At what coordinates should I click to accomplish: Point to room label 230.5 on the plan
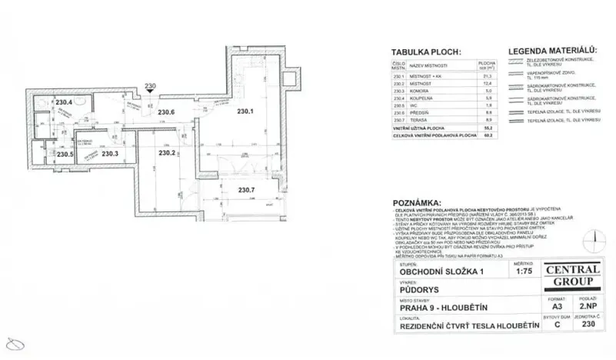click(x=65, y=154)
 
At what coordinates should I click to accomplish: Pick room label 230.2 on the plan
click(x=167, y=153)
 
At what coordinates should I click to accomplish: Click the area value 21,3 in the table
click(x=486, y=77)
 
